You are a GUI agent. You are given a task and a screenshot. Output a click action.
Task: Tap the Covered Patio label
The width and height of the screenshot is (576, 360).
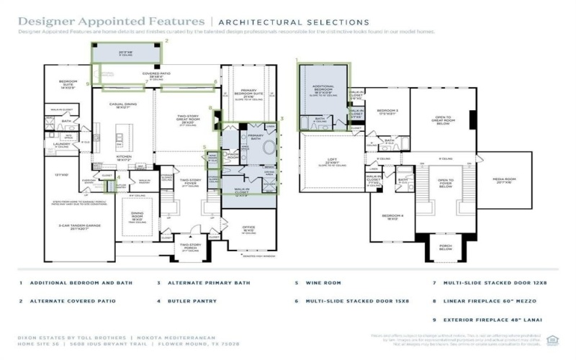[156, 75]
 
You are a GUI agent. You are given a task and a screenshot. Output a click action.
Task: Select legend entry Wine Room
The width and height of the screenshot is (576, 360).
[322, 283]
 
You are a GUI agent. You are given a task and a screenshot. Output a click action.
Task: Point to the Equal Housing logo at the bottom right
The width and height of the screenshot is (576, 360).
[553, 339]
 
